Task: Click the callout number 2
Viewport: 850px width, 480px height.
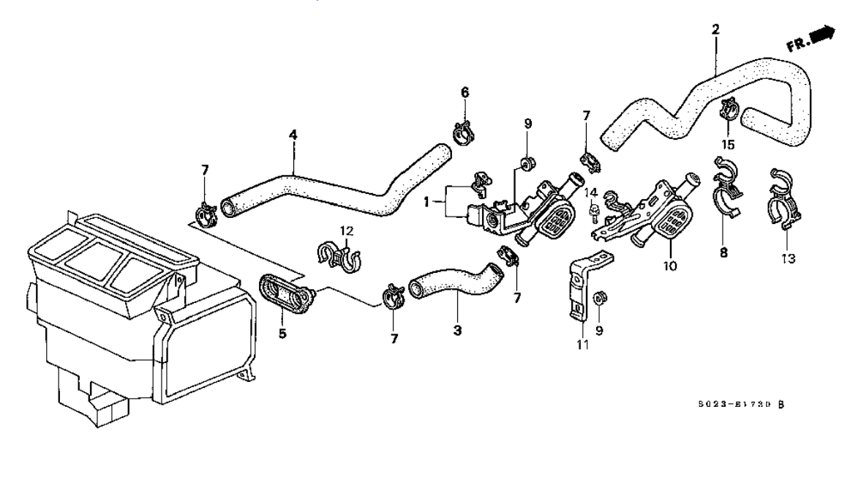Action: [715, 30]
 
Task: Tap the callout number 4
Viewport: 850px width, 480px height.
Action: [293, 135]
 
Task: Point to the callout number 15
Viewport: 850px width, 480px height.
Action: [728, 144]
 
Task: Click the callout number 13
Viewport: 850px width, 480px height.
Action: [788, 258]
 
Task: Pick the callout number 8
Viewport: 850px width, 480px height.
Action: [723, 252]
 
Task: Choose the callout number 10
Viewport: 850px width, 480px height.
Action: [671, 265]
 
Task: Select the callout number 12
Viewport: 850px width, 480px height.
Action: [346, 231]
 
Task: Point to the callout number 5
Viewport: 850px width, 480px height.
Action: [282, 334]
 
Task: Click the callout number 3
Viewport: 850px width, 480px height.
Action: [457, 331]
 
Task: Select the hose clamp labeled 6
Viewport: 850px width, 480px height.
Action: [463, 133]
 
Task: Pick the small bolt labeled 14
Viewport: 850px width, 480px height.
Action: [594, 213]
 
